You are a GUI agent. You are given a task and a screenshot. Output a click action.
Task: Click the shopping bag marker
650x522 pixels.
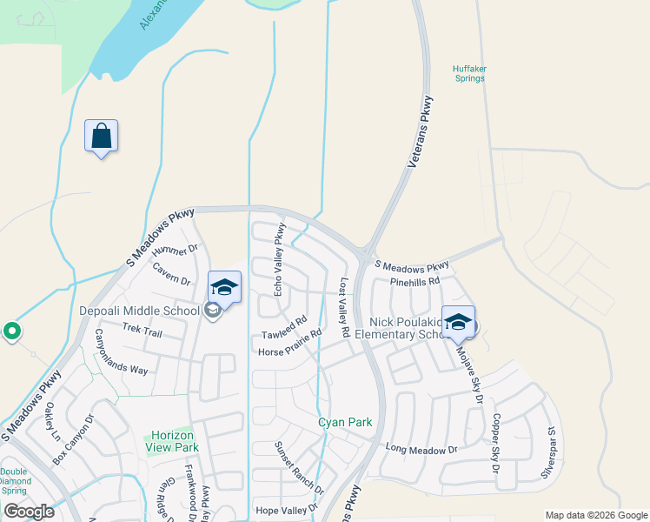101,137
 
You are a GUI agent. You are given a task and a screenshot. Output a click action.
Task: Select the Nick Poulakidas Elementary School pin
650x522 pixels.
458,322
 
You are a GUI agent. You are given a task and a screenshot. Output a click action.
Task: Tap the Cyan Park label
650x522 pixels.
345,422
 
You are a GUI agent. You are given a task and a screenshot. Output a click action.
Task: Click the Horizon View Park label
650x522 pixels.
175,441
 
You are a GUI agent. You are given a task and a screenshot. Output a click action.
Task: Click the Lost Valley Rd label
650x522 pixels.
344,308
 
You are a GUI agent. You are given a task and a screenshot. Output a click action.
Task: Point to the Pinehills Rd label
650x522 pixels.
415,281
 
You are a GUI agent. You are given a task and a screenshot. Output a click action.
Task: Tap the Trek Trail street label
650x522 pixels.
143,330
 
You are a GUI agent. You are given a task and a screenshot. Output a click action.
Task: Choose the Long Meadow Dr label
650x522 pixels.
421,449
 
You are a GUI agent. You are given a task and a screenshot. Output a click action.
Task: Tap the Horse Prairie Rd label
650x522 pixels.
290,343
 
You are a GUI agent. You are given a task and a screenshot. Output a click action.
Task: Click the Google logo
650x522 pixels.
29,512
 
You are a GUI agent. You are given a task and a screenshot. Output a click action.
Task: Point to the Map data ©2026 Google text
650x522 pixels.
595,515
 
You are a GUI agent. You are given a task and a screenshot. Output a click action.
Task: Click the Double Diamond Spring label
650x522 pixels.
15,479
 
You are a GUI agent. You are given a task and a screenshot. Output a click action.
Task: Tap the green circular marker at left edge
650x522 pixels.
11,331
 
